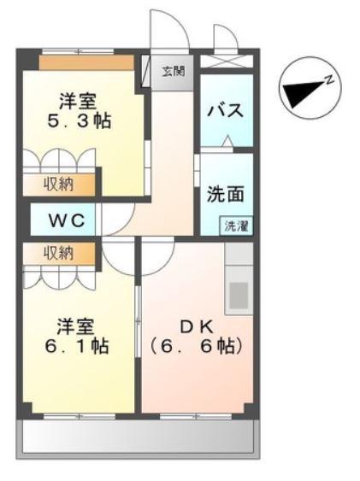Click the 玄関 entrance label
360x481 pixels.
(x=173, y=72)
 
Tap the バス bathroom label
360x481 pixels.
(x=225, y=110)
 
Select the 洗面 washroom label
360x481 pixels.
(x=225, y=194)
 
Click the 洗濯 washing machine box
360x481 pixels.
(x=236, y=226)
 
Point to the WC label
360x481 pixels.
(x=67, y=220)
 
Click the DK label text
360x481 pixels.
(x=197, y=328)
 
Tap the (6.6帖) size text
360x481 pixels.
(x=197, y=346)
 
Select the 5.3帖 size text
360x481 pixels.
(x=79, y=120)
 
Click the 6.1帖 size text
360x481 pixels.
(x=77, y=346)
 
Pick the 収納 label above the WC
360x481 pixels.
(x=59, y=185)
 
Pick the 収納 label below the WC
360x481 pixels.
(x=58, y=254)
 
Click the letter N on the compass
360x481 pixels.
(x=329, y=80)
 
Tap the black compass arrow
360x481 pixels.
(x=304, y=94)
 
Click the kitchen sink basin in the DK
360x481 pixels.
(x=239, y=296)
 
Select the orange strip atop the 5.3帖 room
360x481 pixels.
(x=86, y=63)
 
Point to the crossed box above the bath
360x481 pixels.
(x=227, y=61)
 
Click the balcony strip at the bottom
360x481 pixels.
(x=139, y=437)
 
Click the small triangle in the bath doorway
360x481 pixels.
(x=227, y=140)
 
